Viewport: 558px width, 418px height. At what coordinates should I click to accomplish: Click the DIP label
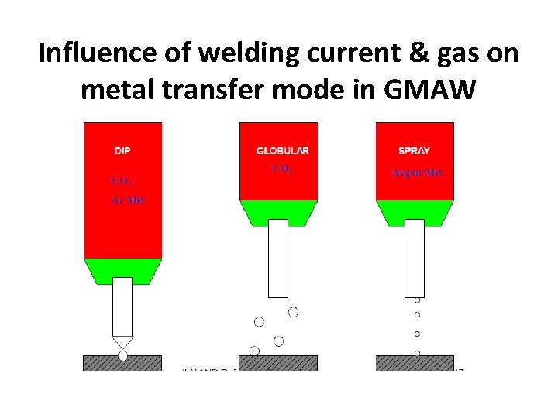coord(122,150)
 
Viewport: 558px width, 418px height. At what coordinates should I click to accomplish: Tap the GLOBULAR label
coord(283,150)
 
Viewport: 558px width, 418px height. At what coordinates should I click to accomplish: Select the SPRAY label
coord(414,150)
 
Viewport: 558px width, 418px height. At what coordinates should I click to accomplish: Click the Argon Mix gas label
coord(417,173)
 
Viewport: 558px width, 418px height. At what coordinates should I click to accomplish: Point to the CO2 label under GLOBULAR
coord(281,168)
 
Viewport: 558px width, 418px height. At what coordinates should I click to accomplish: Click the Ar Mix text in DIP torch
coord(126,200)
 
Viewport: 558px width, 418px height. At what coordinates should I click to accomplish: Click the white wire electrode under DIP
coord(122,306)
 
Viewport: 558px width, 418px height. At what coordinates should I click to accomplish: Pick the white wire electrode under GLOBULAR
coord(278,258)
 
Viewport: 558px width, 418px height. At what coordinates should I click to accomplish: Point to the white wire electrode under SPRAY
coord(415,258)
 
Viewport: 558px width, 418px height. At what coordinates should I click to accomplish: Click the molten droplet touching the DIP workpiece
coord(122,356)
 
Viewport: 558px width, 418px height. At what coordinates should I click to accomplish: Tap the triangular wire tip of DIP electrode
coord(122,341)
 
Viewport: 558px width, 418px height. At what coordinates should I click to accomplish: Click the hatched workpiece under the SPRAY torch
coord(415,362)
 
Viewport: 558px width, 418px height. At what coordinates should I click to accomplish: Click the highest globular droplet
coord(293,312)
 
